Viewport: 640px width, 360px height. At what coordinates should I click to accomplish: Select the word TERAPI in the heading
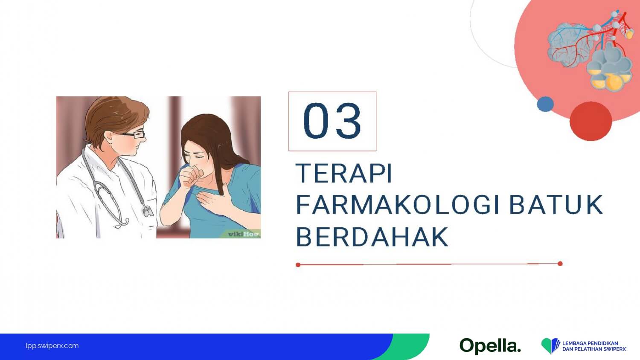[x=344, y=173]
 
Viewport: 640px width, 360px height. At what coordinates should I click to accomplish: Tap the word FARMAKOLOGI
[x=398, y=205]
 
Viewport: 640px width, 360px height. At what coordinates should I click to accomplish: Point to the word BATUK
[x=556, y=205]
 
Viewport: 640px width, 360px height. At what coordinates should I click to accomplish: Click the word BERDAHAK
[x=372, y=237]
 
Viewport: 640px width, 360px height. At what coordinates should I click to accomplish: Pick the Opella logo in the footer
[x=490, y=346]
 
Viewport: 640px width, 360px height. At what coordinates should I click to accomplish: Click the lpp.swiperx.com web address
[x=52, y=346]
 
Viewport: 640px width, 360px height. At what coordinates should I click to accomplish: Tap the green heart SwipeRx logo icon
[x=550, y=346]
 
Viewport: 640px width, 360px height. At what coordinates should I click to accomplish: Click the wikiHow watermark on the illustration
[x=244, y=234]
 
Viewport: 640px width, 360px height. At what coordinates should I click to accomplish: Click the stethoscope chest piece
[x=148, y=211]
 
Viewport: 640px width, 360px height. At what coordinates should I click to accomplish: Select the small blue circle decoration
[x=545, y=104]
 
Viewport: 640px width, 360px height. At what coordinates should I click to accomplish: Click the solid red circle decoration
[x=591, y=121]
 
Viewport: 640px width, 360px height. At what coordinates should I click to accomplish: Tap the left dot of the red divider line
[x=298, y=265]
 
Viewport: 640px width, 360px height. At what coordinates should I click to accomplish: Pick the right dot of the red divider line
[x=560, y=264]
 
